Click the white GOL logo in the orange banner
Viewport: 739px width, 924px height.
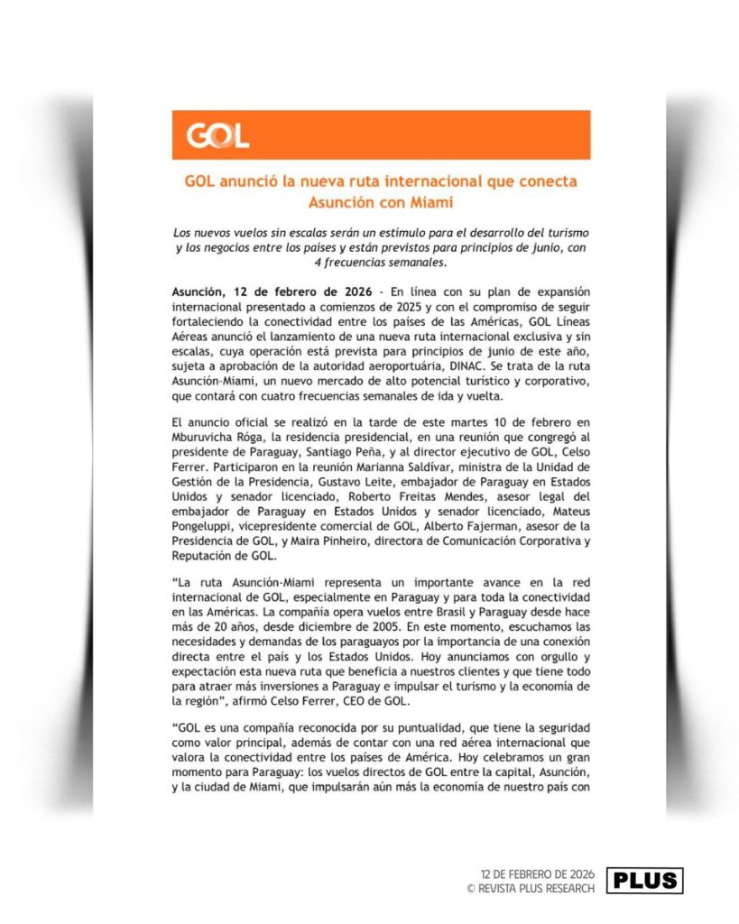click(217, 136)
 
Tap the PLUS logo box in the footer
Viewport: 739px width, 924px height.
click(644, 880)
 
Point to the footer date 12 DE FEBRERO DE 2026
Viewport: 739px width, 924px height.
click(538, 874)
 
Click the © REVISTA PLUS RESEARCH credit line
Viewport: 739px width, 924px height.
click(531, 888)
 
